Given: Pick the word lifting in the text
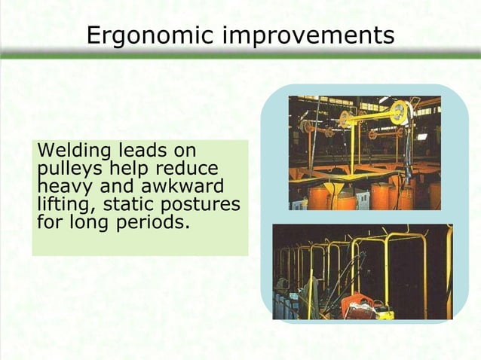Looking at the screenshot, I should pos(57,204).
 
